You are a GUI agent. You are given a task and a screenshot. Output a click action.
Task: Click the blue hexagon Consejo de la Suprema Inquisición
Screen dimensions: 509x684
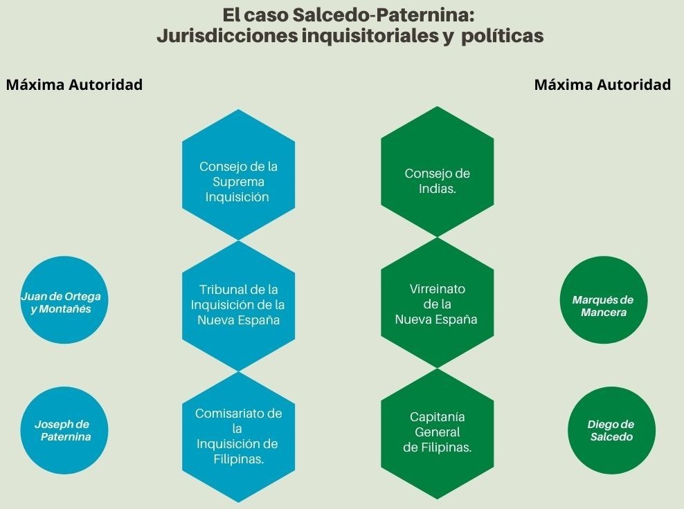click(x=238, y=174)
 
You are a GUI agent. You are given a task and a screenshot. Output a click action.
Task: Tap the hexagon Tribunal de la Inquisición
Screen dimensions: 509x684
click(x=238, y=305)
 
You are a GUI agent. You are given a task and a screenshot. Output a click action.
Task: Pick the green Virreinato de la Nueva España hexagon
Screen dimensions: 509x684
click(x=437, y=304)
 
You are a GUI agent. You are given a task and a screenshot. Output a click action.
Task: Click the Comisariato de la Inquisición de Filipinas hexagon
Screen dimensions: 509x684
click(x=238, y=436)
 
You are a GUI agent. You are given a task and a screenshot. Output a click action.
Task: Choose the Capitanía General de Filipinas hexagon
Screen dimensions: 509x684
click(x=437, y=433)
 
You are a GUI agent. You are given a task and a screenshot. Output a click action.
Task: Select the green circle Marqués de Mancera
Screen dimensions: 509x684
click(x=603, y=306)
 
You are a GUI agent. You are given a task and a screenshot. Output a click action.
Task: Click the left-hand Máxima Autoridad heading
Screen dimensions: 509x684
click(x=74, y=84)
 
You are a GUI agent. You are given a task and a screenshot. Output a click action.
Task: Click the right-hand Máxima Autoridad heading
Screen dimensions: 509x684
click(x=602, y=84)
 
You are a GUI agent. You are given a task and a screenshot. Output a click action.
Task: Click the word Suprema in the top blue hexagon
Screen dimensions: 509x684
click(x=238, y=182)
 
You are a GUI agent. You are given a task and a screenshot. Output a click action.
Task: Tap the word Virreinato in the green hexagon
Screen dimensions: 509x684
click(x=437, y=288)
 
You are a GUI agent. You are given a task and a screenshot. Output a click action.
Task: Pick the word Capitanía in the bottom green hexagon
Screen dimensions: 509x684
click(x=437, y=417)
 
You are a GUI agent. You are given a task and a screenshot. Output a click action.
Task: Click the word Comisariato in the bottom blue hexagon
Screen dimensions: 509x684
click(x=238, y=414)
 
